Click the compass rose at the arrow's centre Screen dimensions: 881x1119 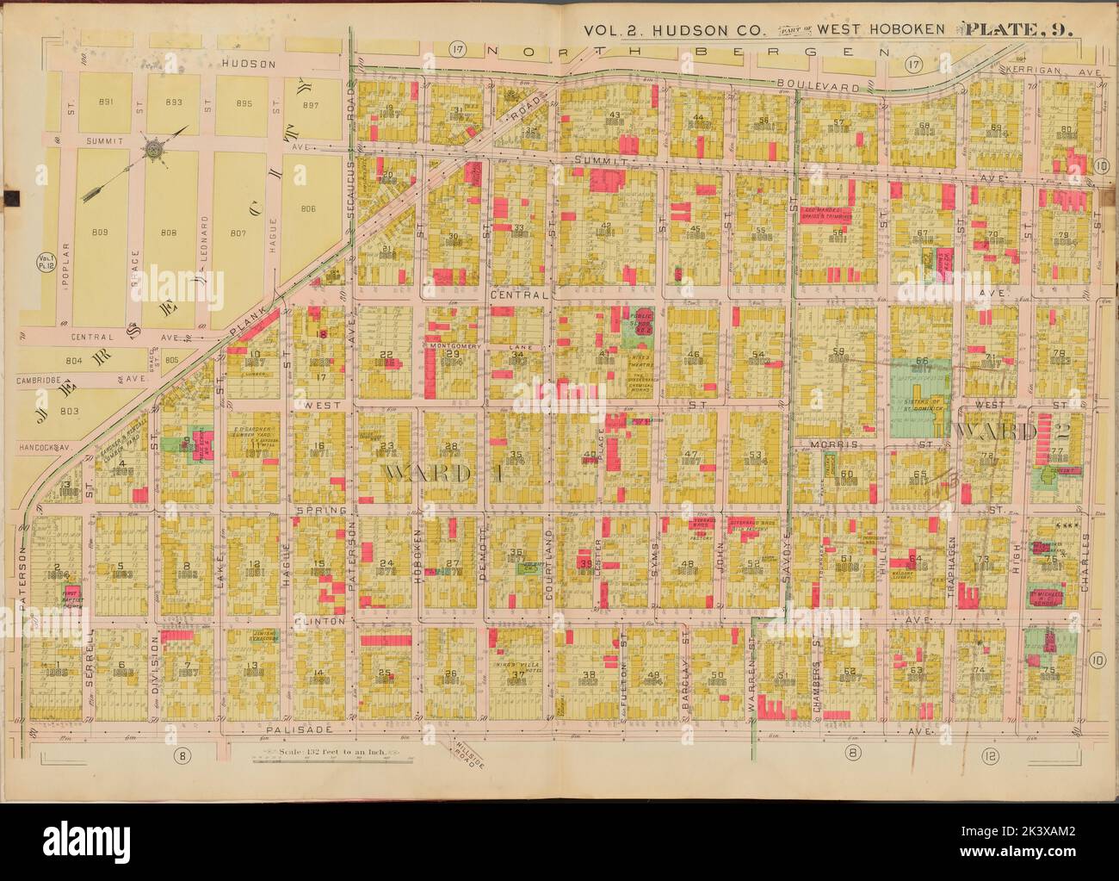154,147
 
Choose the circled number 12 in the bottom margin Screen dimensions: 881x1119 987,755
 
